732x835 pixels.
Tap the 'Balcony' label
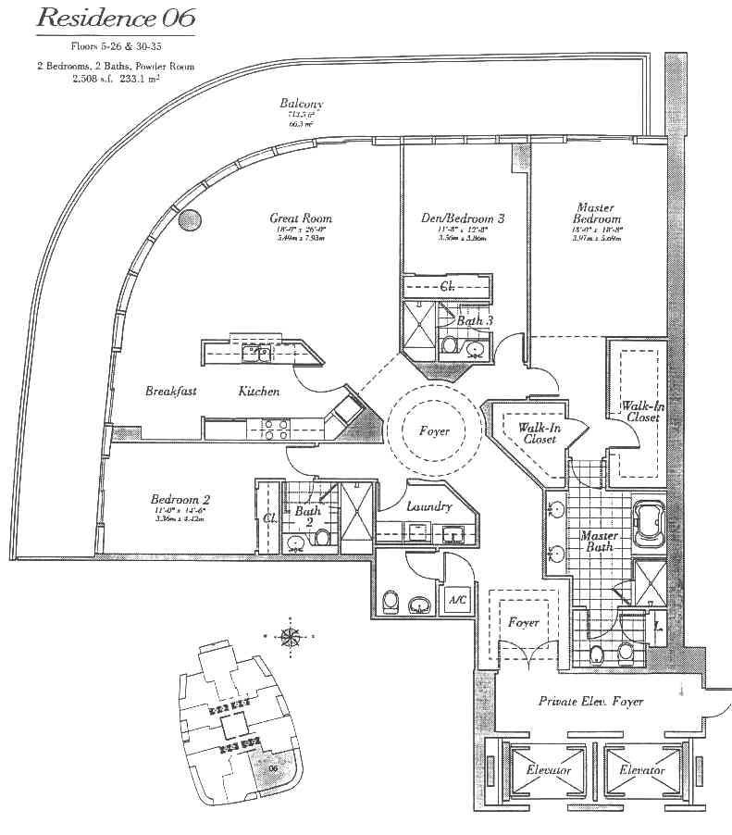[302, 104]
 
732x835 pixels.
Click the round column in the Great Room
[189, 220]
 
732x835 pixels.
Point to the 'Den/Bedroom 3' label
[463, 219]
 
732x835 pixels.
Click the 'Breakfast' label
[171, 392]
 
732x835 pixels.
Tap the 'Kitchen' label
[258, 392]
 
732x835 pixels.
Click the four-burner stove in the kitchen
[275, 428]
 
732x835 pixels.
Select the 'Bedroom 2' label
[180, 500]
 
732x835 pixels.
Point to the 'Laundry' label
[429, 506]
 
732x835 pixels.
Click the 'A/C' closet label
[456, 601]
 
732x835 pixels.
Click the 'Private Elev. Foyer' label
[590, 701]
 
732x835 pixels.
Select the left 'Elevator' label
[548, 770]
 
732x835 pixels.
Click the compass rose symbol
[291, 637]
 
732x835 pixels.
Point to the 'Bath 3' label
[475, 320]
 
